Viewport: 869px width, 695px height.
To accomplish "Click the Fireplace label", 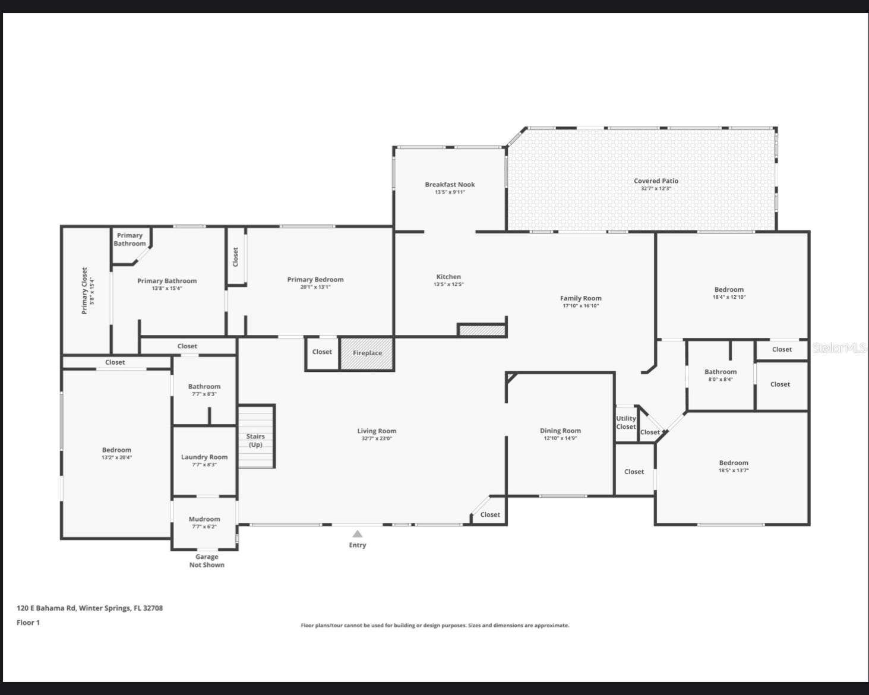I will click(367, 353).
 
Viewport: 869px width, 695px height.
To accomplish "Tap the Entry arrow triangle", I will click(357, 533).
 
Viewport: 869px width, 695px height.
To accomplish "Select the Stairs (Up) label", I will click(255, 440).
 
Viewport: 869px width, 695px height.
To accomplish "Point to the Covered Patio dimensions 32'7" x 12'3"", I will click(656, 189).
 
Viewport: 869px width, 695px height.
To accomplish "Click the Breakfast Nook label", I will click(450, 184).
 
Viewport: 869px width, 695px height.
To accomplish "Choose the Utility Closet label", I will click(625, 422).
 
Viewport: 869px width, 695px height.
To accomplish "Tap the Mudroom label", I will click(204, 519).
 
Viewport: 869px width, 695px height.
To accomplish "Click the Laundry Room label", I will click(204, 457).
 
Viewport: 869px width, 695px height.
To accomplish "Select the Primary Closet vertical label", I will click(84, 290).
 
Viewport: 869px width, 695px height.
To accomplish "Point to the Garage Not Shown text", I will click(207, 561).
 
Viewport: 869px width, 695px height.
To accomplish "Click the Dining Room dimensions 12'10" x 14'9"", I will click(560, 438).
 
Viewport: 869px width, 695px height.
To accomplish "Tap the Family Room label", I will click(580, 298).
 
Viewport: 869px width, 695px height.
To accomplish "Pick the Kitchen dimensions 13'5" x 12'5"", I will click(448, 285).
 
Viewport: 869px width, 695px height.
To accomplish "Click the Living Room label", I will click(377, 431).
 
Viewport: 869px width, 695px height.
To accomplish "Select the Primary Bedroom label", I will click(315, 279).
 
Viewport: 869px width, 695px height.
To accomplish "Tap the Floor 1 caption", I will click(28, 623).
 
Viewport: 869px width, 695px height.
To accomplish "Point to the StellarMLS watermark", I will click(839, 348).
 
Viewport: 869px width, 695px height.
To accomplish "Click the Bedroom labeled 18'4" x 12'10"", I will click(729, 289).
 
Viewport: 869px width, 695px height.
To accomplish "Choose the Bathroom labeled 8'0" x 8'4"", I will click(721, 372).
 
